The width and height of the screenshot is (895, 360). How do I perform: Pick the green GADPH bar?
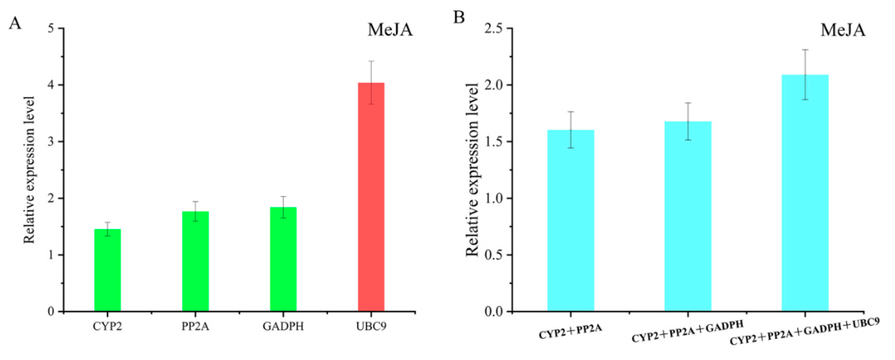(x=283, y=259)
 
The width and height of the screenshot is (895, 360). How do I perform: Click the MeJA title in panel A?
(x=390, y=30)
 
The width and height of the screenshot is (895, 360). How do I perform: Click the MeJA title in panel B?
(x=843, y=30)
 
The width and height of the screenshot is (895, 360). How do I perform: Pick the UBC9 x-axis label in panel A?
(x=371, y=327)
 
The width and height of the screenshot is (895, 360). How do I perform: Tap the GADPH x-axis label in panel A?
(x=283, y=327)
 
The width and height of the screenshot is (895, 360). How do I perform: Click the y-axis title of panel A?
(x=29, y=170)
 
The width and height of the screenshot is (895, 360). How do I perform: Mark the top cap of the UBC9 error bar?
(x=371, y=61)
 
